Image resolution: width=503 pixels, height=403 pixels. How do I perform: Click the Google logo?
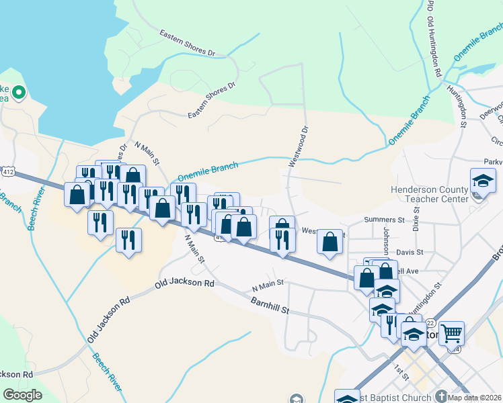(x=22, y=395)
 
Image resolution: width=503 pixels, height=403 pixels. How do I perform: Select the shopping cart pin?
(x=452, y=332)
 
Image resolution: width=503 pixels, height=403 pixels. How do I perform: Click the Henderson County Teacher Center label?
(x=430, y=195)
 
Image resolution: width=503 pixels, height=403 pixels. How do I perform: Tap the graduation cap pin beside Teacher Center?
(x=482, y=181)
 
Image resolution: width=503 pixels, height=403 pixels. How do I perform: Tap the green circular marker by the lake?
(x=18, y=93)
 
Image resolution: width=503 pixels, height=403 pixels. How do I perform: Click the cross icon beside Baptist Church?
(x=440, y=396)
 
